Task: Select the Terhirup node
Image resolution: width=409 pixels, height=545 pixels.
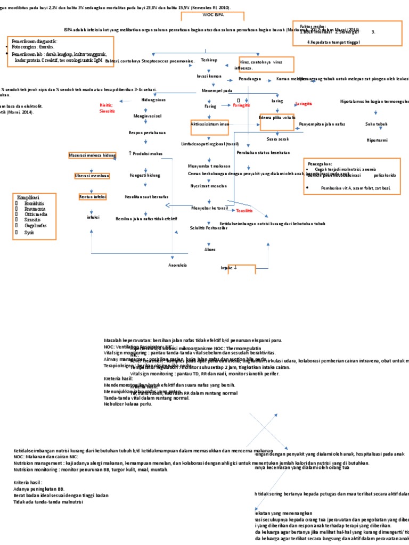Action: tap(209, 61)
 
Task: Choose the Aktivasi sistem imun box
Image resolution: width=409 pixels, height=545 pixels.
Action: tap(209, 123)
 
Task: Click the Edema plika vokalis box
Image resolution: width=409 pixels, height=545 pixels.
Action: tap(277, 117)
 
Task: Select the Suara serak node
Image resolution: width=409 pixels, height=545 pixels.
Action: tap(277, 139)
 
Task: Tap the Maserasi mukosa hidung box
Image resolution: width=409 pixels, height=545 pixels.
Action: tap(92, 155)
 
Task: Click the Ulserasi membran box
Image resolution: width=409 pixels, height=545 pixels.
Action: tap(92, 176)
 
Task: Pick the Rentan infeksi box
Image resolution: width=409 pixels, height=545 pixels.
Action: tap(93, 196)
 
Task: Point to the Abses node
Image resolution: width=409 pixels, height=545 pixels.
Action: tap(210, 249)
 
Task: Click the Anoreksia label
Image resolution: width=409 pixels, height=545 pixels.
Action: tap(177, 265)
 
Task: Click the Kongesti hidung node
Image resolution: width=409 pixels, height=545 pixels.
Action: tap(145, 175)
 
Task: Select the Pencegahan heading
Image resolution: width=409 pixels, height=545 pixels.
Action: tap(320, 164)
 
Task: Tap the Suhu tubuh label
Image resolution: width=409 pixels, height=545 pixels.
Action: tap(376, 124)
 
